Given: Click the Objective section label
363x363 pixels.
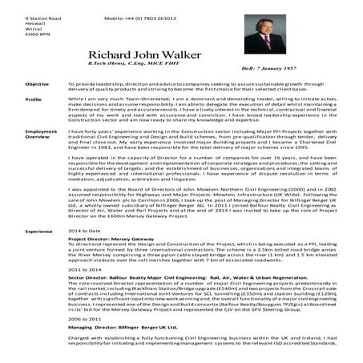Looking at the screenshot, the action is point(37,83).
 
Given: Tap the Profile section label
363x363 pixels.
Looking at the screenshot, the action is point(34,99).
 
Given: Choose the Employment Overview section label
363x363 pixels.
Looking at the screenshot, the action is point(41,135).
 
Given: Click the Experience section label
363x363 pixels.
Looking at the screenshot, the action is point(38,231).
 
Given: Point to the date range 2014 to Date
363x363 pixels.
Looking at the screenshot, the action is point(85,231).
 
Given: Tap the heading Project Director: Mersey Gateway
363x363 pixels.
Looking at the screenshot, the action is point(115,240).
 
